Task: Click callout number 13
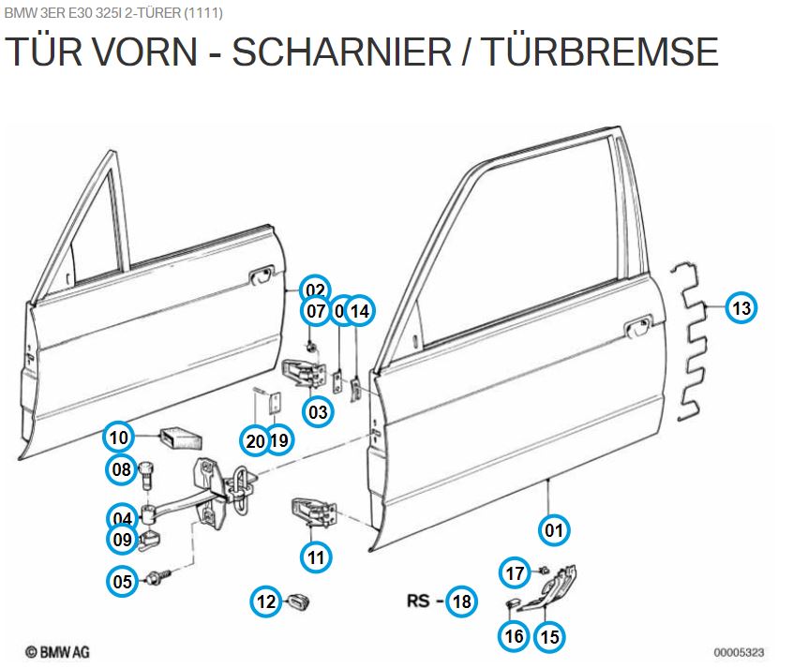(x=741, y=307)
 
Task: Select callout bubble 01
(x=554, y=530)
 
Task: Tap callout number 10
(x=118, y=437)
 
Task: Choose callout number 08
(x=122, y=469)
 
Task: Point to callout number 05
(x=123, y=582)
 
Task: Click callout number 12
(x=267, y=601)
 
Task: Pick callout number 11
(x=316, y=557)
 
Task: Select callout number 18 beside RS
(x=461, y=601)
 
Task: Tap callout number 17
(x=515, y=572)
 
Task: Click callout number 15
(x=550, y=637)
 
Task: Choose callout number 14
(x=359, y=310)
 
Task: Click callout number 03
(x=317, y=411)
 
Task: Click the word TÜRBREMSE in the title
(x=600, y=52)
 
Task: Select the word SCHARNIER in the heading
(x=341, y=52)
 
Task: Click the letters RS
(x=419, y=601)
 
